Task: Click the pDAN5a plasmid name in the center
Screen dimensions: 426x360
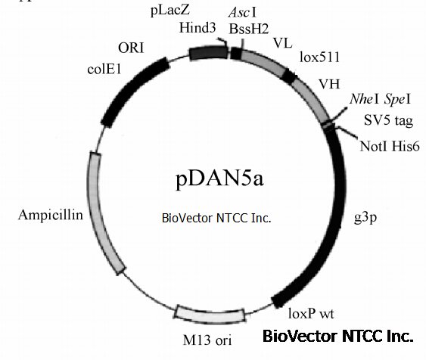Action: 219,179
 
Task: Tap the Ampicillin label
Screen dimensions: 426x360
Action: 51,215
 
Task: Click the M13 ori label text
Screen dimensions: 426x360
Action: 207,340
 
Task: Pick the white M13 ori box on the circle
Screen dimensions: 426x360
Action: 210,315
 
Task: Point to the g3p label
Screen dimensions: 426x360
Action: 365,218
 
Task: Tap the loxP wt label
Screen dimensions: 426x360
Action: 311,314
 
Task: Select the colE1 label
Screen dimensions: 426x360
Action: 104,70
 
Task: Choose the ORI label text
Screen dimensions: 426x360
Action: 131,48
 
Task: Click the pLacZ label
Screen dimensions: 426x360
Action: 170,11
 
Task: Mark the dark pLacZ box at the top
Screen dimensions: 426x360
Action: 208,53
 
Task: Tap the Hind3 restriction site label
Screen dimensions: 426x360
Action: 197,28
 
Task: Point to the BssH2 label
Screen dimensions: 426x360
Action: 249,29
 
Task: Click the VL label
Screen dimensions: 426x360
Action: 283,43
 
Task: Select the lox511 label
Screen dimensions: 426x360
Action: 320,57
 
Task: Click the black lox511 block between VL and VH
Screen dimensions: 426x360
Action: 289,76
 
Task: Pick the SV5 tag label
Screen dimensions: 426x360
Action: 388,120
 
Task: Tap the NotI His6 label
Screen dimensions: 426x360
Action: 390,146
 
